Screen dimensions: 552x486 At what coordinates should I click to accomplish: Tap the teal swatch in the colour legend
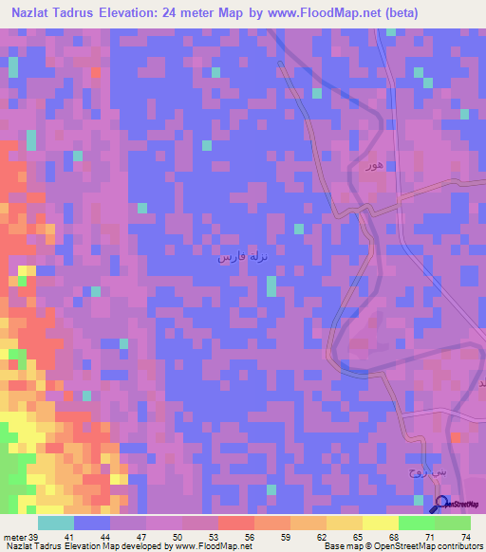tap(56, 523)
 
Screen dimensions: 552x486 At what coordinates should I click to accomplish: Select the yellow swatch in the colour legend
tap(380, 523)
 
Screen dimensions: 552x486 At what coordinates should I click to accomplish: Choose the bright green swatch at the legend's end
tap(452, 523)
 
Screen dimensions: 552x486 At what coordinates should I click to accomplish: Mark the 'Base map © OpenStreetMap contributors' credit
tap(402, 546)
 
